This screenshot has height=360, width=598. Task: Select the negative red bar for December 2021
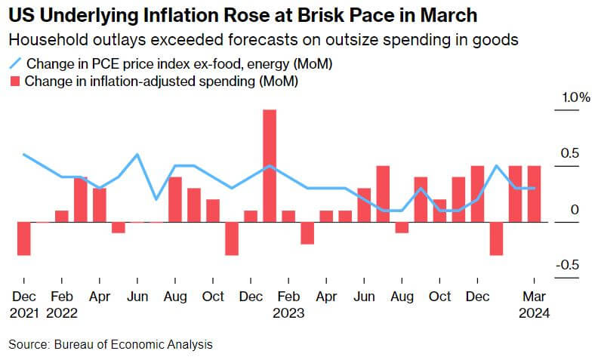point(23,238)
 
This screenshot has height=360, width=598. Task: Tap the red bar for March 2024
point(534,194)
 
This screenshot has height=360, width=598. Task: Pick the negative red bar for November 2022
point(231,238)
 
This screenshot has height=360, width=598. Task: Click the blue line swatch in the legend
point(14,63)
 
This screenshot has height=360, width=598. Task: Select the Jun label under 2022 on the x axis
point(137,297)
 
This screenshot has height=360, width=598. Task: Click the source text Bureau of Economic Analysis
point(133,345)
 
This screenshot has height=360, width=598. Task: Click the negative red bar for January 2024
point(496,238)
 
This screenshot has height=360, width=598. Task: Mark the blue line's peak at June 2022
point(137,155)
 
